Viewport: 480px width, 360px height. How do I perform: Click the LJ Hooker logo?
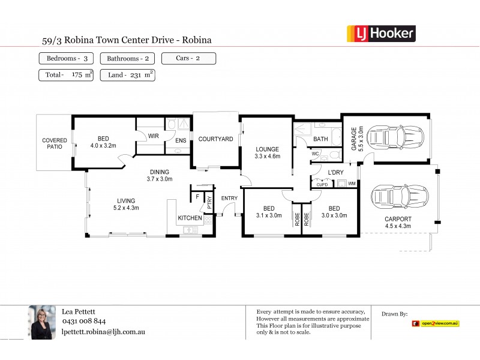(x=382, y=33)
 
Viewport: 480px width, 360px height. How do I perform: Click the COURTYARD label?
(x=215, y=139)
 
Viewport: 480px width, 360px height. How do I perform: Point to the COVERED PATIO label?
(x=54, y=143)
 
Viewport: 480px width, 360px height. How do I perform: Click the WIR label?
(x=154, y=136)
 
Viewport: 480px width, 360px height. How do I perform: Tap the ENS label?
(x=179, y=141)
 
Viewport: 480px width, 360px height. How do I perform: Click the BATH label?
(x=320, y=139)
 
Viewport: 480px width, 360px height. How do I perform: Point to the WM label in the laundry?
(x=352, y=184)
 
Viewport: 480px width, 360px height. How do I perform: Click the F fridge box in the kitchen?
(x=197, y=196)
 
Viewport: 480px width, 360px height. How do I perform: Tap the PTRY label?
(x=209, y=202)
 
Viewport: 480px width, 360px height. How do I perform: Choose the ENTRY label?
(x=229, y=198)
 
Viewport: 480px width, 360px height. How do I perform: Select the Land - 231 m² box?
(x=129, y=75)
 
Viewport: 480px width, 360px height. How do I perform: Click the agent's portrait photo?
(x=43, y=322)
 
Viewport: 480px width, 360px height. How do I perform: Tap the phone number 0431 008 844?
(x=84, y=321)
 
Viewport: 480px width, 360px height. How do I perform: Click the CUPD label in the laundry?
(x=322, y=184)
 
